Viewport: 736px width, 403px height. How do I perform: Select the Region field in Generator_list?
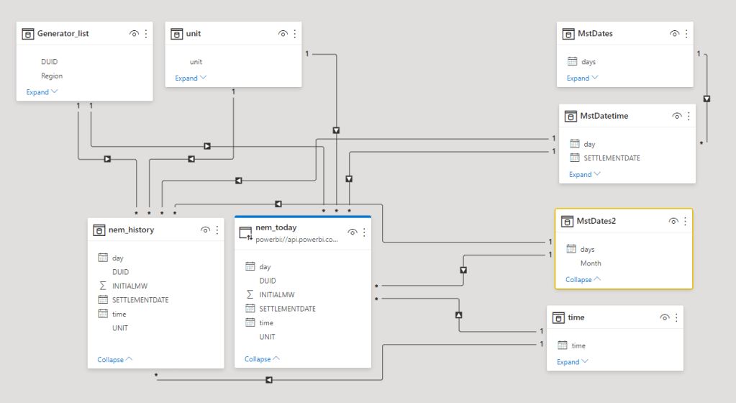tap(52, 76)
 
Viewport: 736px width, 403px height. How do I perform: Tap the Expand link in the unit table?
tap(186, 78)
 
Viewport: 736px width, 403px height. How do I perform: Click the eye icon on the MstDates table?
tap(674, 33)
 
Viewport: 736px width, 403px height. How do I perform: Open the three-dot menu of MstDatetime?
tap(689, 115)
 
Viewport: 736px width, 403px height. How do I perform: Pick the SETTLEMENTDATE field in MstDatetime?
tap(612, 158)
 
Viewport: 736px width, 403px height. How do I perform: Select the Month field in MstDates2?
tap(591, 263)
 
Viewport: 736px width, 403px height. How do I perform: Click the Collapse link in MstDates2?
tap(578, 279)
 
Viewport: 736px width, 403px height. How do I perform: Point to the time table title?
tap(576, 317)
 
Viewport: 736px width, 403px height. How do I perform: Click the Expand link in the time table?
tap(568, 362)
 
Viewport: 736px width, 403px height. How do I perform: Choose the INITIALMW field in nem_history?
tap(130, 286)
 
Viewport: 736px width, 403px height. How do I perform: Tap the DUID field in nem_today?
tap(268, 281)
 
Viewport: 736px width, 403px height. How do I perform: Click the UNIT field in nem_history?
tap(120, 327)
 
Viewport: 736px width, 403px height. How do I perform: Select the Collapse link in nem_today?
tap(258, 358)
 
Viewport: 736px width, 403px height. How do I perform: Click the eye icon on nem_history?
tap(205, 230)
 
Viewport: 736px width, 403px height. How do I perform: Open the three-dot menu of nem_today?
tap(364, 232)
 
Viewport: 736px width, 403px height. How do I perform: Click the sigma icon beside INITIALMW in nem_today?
tap(250, 294)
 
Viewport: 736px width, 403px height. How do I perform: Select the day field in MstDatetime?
tap(589, 144)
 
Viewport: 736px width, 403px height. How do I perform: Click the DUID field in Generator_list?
tap(49, 62)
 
